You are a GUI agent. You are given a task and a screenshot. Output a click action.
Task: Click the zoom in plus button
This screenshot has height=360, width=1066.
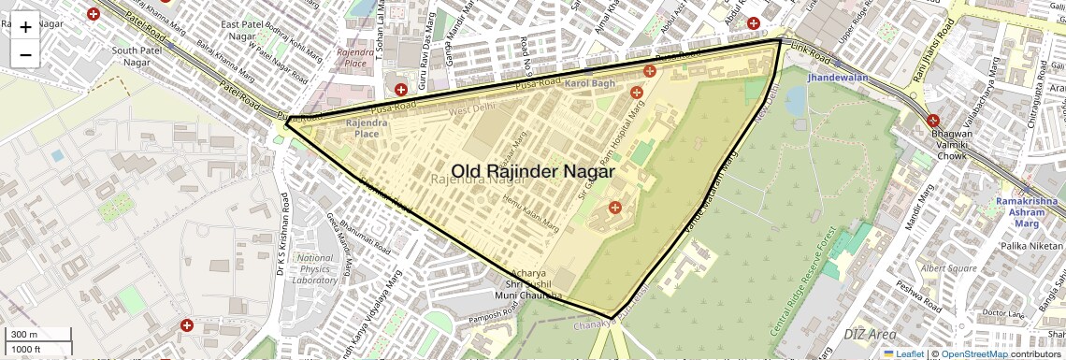tap(25, 27)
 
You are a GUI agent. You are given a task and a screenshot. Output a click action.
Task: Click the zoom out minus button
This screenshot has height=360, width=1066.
tap(25, 55)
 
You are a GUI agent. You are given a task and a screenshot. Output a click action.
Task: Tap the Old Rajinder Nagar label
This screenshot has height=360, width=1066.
tap(533, 172)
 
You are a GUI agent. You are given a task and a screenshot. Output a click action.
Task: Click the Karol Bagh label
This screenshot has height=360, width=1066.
tap(590, 84)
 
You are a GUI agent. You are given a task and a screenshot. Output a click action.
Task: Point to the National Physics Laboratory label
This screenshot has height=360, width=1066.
tap(315, 268)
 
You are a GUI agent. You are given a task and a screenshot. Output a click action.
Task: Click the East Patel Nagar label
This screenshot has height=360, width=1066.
tap(255, 29)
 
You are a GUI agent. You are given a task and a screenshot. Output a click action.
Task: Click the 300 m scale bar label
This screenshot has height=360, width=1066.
tap(24, 335)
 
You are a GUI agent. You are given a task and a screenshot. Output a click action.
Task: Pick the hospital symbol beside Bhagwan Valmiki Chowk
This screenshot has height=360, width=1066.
tap(933, 120)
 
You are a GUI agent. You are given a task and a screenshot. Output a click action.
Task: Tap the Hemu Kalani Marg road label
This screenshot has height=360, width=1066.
tap(530, 213)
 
